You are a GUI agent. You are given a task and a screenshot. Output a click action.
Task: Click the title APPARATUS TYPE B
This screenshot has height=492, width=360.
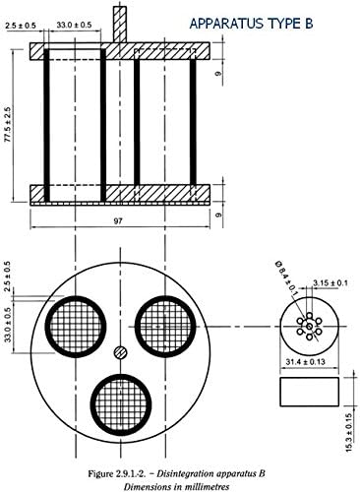(251, 24)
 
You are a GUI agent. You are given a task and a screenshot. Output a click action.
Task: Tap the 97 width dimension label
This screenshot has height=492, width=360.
(118, 221)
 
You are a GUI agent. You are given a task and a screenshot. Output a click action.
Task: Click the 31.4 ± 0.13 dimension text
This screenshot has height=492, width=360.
(305, 362)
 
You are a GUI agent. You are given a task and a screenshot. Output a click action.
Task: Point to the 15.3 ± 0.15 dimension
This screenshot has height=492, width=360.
(349, 433)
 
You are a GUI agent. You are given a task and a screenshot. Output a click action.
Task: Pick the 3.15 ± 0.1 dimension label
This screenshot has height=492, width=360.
(330, 282)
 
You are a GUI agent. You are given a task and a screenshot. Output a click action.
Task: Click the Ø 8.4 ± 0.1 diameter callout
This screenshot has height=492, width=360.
(286, 277)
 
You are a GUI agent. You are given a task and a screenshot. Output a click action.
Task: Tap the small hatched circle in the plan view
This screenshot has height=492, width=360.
(121, 352)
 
